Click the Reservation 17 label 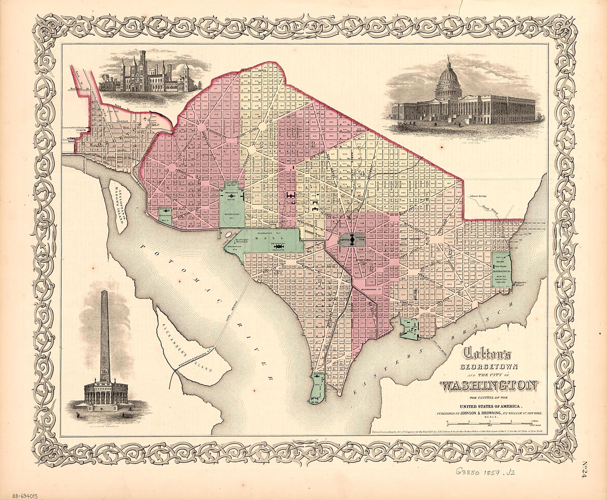coord(370,289)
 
